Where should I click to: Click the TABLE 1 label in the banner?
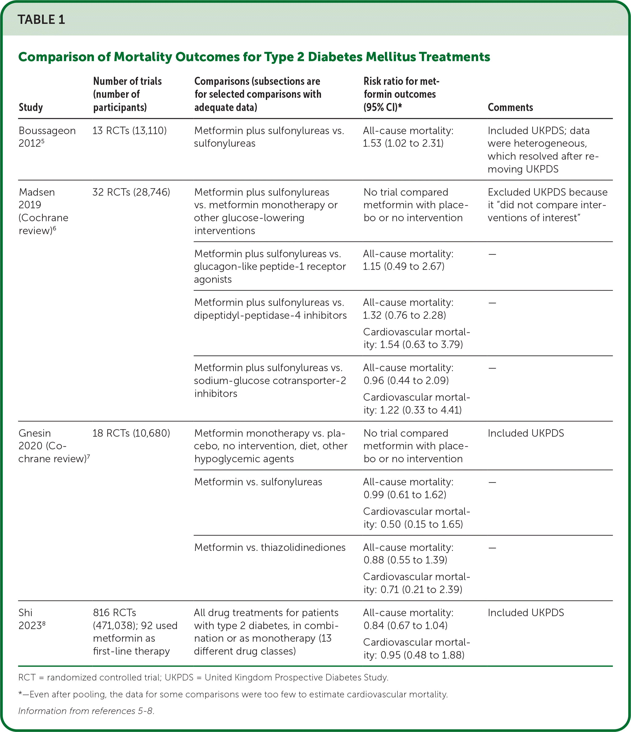coord(41,19)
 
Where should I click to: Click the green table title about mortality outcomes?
coord(254,57)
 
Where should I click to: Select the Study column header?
coord(31,107)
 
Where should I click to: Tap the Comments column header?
coord(510,107)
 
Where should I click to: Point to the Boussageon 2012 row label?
coord(47,137)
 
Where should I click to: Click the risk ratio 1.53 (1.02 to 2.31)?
coord(403,143)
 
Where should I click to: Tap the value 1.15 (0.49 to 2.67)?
coord(403,266)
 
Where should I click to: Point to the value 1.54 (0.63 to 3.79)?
coord(421,344)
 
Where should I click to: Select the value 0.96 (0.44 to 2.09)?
coord(406,380)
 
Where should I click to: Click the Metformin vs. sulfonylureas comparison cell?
coord(258,482)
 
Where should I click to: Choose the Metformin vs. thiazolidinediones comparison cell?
coord(270,547)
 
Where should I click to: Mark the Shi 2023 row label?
coord(32,619)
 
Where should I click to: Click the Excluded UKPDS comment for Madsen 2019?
coord(547,205)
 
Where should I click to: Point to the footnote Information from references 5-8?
coord(86,711)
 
